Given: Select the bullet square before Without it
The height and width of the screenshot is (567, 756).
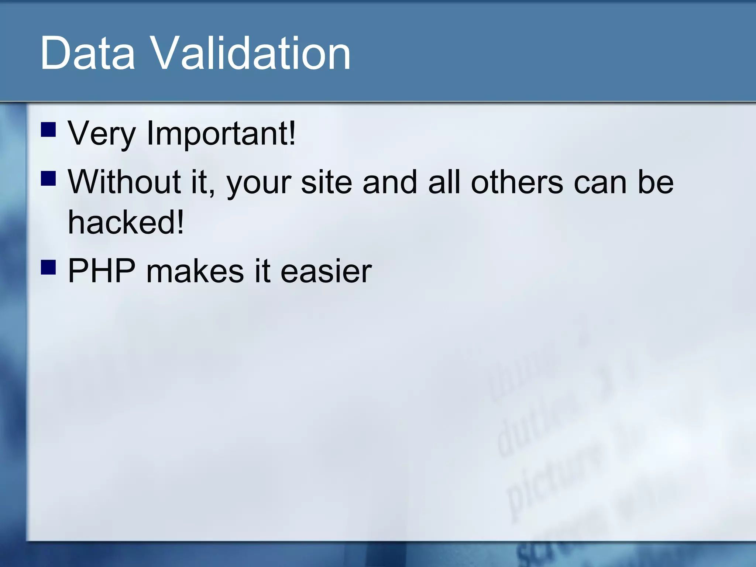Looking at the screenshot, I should pyautogui.click(x=48, y=178).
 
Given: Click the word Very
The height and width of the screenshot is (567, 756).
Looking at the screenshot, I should pyautogui.click(x=102, y=134).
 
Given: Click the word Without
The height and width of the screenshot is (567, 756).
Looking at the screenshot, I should pyautogui.click(x=125, y=182).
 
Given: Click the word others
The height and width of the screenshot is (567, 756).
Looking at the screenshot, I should pyautogui.click(x=517, y=182).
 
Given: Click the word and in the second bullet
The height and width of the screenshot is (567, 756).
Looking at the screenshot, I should pyautogui.click(x=390, y=182).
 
